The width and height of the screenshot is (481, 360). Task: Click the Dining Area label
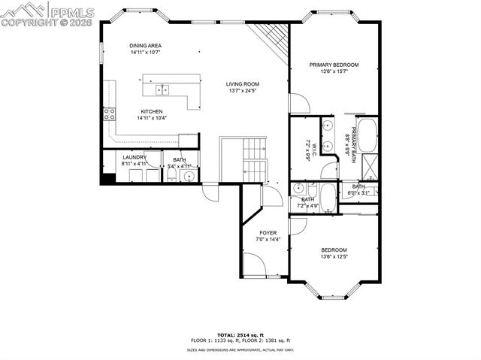[145, 45]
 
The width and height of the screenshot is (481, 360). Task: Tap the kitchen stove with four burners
[109, 114]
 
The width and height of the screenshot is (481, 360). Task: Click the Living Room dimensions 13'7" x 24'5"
[244, 91]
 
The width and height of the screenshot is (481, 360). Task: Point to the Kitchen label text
[151, 111]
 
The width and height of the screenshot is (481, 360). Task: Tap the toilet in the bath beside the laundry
[171, 175]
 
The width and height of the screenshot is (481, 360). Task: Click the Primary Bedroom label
[334, 65]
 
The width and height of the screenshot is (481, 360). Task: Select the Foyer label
[268, 233]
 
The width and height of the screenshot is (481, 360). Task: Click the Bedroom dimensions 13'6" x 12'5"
[334, 256]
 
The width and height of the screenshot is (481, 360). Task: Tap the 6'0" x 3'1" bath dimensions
[358, 193]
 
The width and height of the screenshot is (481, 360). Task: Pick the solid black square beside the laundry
[107, 178]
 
